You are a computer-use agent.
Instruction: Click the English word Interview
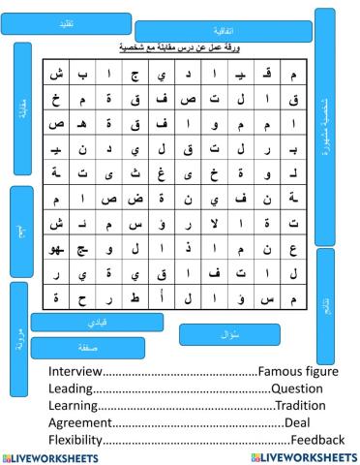[x=75, y=371]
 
